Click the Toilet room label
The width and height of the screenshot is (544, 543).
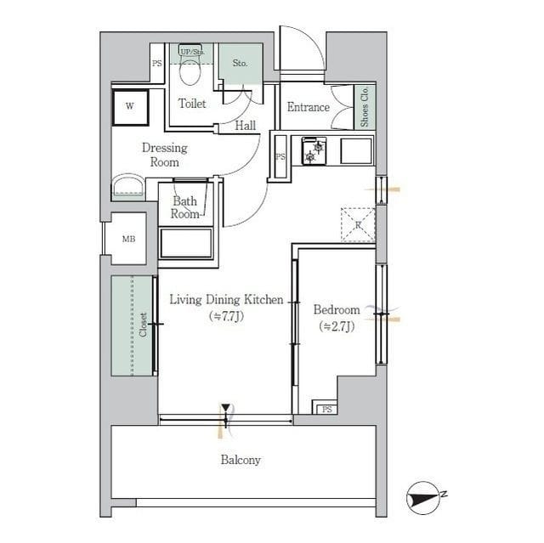(192, 104)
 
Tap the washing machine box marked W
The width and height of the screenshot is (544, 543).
(130, 107)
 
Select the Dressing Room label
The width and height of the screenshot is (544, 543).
(164, 154)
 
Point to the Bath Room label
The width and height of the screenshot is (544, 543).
(185, 207)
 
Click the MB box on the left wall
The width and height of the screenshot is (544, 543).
(128, 239)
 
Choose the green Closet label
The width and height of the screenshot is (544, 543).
(143, 325)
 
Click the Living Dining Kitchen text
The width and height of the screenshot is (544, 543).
(226, 299)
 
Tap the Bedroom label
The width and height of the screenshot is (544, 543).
(337, 309)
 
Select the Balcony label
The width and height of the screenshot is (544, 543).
(241, 460)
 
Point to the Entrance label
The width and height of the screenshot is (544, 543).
(308, 107)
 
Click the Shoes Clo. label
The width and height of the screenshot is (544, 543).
(365, 108)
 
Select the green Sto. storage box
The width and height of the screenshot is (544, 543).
(240, 63)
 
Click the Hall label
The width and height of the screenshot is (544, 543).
(246, 126)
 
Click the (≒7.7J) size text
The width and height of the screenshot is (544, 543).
(226, 316)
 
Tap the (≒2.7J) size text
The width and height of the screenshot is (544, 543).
(337, 326)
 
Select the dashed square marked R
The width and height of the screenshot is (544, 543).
(358, 224)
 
